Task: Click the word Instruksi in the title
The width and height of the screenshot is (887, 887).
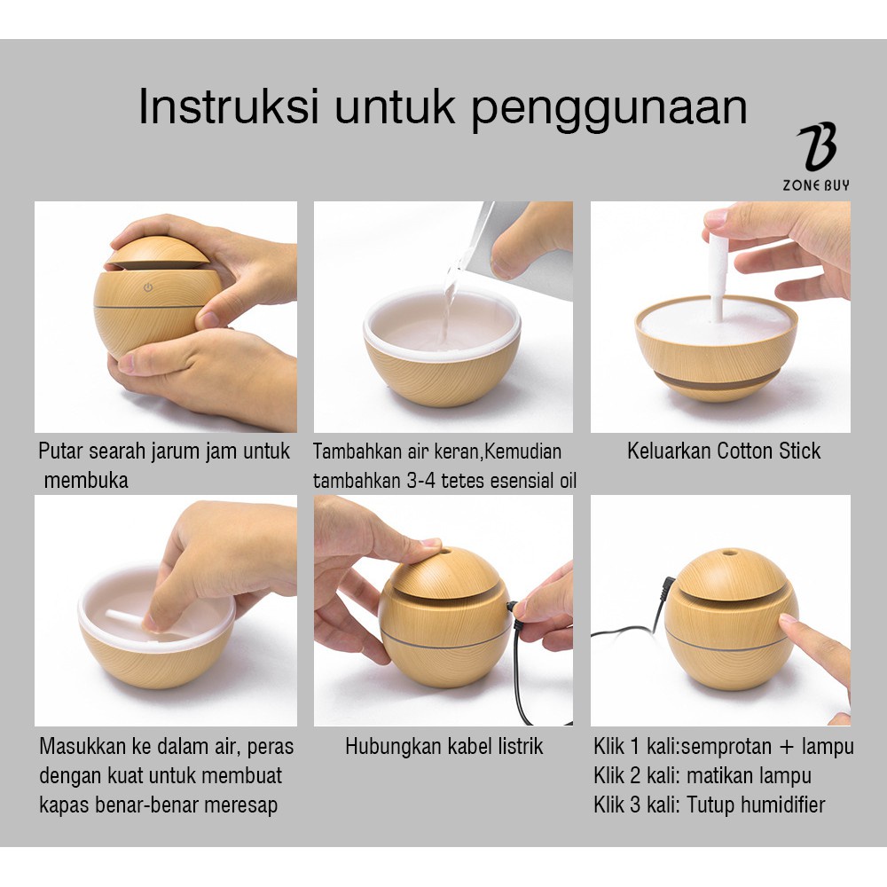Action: [229, 106]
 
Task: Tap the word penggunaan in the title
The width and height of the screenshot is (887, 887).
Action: [609, 110]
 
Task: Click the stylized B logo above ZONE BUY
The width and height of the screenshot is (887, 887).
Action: [817, 146]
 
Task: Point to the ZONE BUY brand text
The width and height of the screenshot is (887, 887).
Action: [816, 185]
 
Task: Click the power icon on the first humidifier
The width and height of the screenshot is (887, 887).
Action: [148, 287]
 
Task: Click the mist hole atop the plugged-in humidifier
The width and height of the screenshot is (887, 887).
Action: [446, 551]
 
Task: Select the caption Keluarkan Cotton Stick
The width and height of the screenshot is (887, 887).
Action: [724, 451]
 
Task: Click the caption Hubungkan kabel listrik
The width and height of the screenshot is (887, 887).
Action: [444, 746]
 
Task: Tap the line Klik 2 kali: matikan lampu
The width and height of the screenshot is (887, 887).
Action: [702, 775]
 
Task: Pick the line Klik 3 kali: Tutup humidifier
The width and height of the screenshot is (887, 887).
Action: [710, 805]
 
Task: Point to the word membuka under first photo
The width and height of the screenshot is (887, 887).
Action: [86, 480]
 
